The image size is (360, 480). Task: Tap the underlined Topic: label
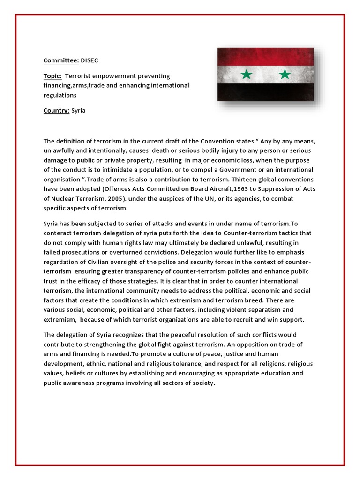coord(52,76)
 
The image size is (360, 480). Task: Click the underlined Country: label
coord(56,111)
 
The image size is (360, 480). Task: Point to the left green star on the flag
coord(247,74)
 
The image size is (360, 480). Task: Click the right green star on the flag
coord(285,74)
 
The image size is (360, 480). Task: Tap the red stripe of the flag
coord(265,56)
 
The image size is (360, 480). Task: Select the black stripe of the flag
coord(265,92)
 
